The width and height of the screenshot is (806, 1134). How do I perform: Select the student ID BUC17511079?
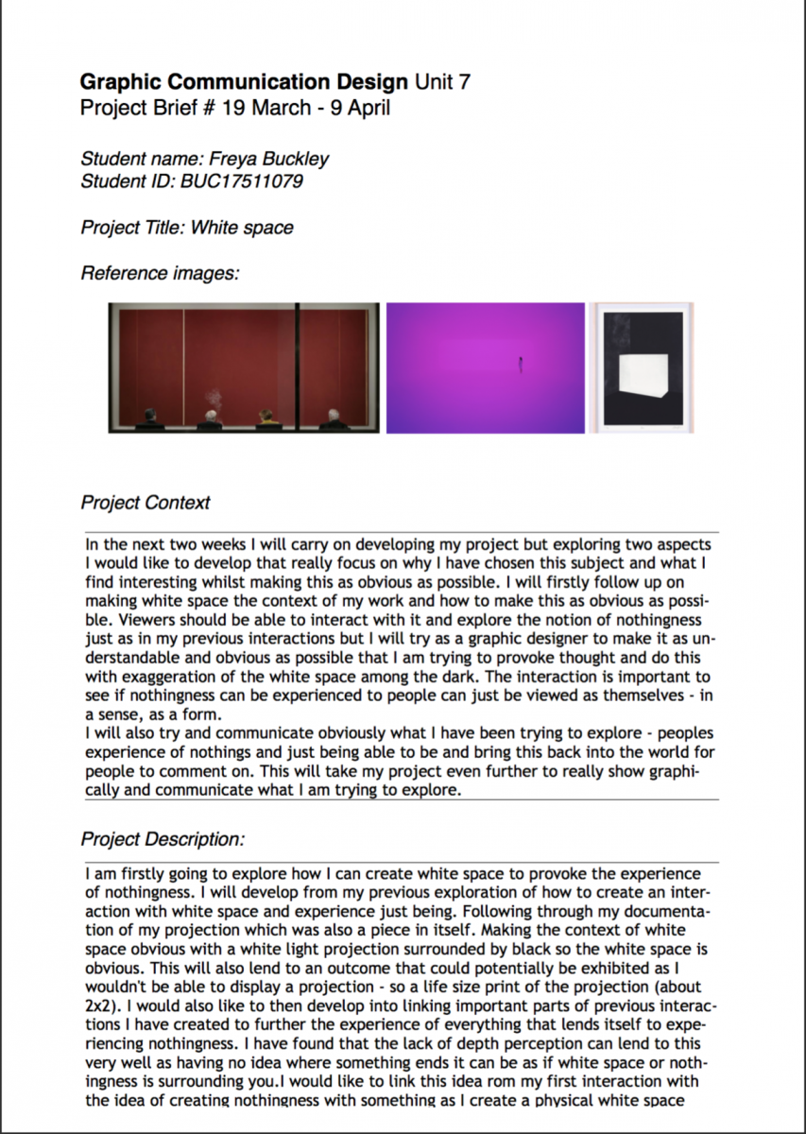[242, 180]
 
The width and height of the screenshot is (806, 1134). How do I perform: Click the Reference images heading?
[160, 274]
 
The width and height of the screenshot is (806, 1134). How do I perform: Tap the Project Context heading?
[146, 503]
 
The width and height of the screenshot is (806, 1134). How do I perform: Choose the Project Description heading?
[163, 839]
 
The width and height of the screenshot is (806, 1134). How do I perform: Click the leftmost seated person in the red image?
[150, 418]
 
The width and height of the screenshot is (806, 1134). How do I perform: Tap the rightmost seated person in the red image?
[333, 418]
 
